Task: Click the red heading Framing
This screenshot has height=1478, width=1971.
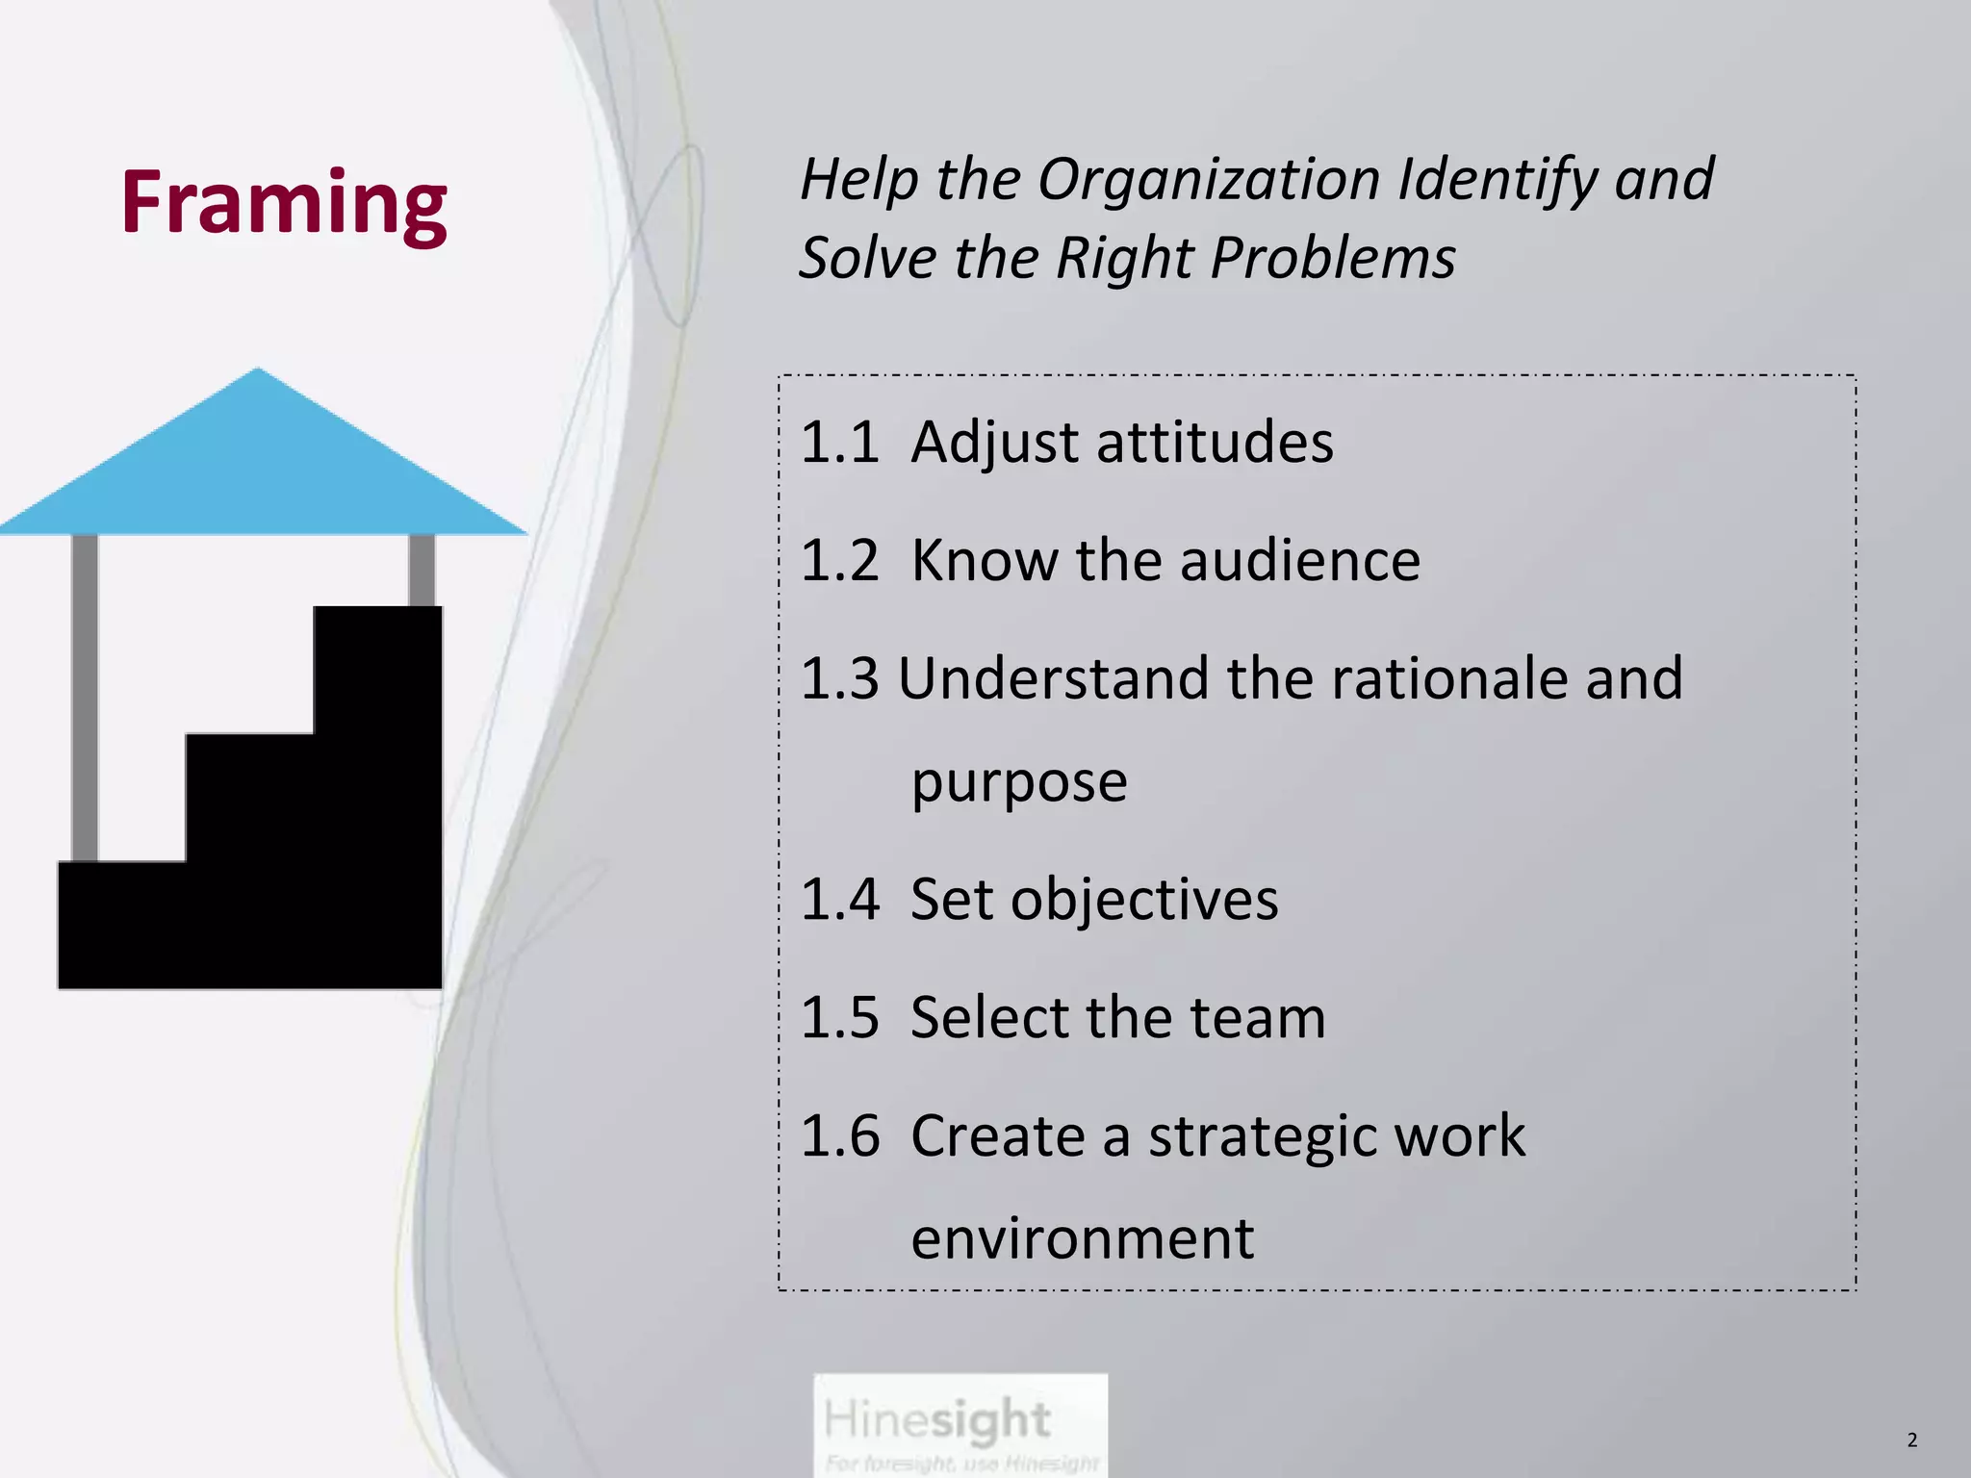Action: click(284, 203)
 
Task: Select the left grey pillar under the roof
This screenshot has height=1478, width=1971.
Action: click(85, 693)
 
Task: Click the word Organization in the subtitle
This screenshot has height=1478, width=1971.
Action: click(1209, 180)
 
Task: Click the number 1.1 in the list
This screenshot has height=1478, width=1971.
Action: click(839, 443)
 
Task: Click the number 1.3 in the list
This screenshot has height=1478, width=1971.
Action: click(839, 678)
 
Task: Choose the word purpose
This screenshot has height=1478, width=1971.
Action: click(1019, 782)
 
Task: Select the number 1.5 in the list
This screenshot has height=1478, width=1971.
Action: click(839, 1018)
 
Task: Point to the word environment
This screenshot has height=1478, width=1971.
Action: click(1082, 1238)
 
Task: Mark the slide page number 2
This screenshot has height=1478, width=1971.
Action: click(1911, 1440)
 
